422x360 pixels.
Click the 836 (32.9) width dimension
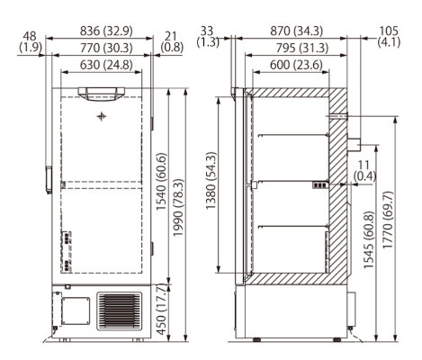pyautogui.click(x=101, y=30)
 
